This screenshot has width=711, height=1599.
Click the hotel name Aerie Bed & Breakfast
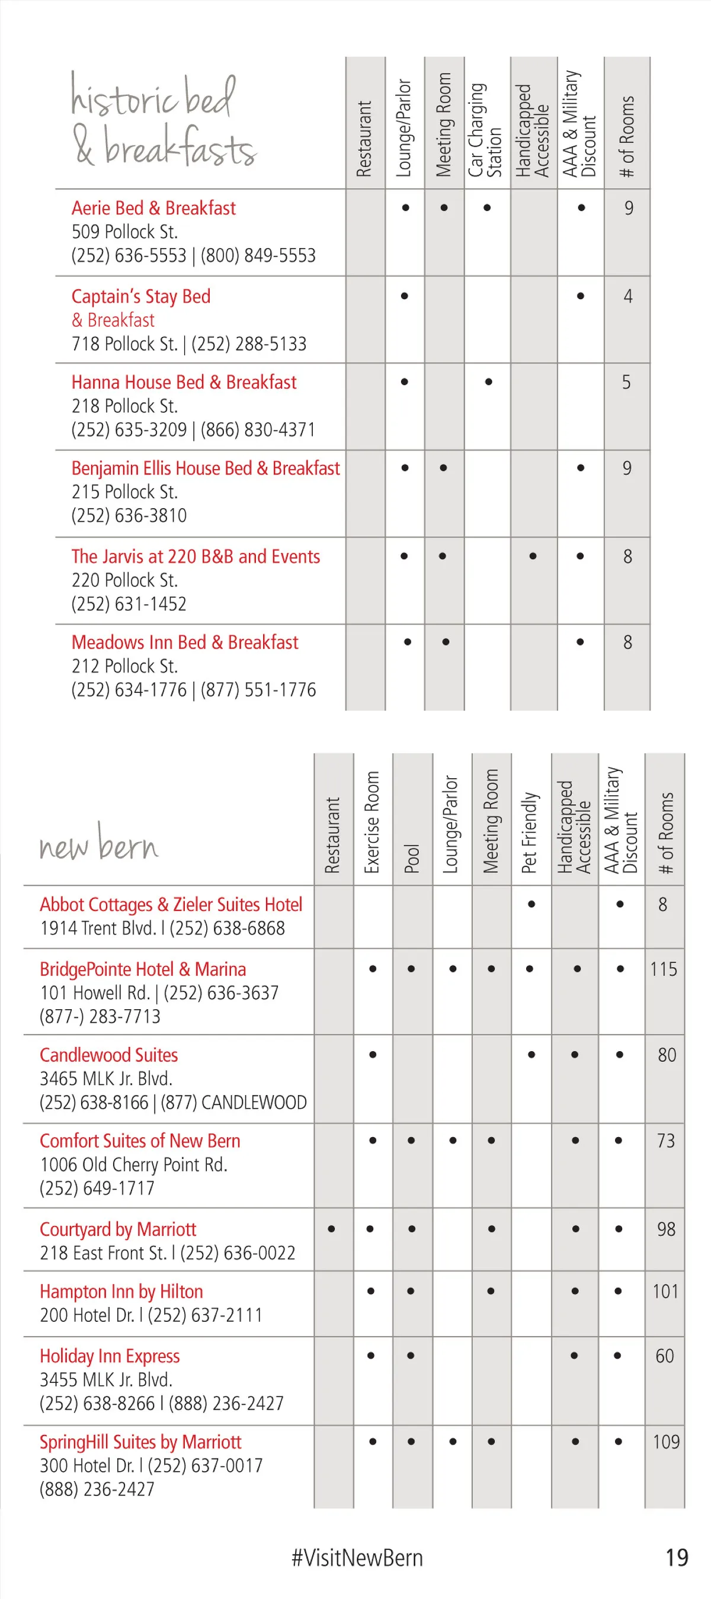coord(153,208)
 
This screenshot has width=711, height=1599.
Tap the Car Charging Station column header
coord(485,131)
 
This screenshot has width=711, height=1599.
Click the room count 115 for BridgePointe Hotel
coord(663,969)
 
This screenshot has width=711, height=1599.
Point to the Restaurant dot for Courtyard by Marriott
coord(332,1228)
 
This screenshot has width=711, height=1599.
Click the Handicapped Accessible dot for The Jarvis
coord(533,556)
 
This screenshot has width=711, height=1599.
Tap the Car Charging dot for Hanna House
coord(489,382)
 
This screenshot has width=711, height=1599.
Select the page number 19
coord(677,1558)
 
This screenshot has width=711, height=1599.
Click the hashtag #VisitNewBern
coord(357,1558)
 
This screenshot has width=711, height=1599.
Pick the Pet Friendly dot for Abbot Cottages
coord(531,904)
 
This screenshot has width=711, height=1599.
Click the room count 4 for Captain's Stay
coord(628,296)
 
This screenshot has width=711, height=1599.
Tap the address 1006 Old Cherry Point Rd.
coord(133,1164)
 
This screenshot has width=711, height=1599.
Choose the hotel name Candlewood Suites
coord(108,1055)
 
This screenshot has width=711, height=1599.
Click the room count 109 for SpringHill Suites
coord(665,1441)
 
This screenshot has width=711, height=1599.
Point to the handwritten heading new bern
coord(99,844)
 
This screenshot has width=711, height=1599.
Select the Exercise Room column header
coord(372,822)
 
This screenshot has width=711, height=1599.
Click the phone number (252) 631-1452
coord(129,604)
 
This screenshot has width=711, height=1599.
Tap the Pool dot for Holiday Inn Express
coord(411,1356)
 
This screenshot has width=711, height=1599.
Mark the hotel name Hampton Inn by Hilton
coord(121,1291)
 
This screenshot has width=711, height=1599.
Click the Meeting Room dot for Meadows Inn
coord(446,642)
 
